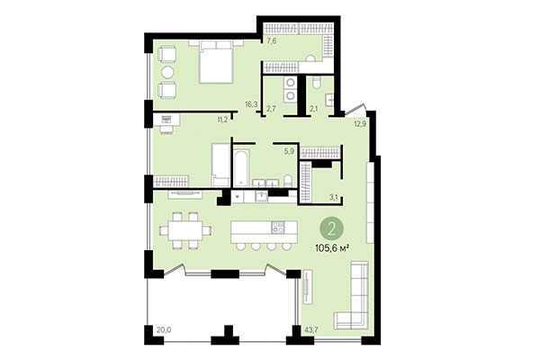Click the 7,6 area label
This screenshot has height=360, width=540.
pos(271,40)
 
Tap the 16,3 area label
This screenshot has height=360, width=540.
pos(251,104)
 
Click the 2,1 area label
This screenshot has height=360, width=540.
pos(313,110)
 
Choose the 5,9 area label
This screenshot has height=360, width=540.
pos(290,151)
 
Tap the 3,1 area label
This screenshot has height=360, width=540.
pos(332,197)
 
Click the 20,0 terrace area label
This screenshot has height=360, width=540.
pos(163,330)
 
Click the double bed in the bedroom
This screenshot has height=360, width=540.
pos(215,62)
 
